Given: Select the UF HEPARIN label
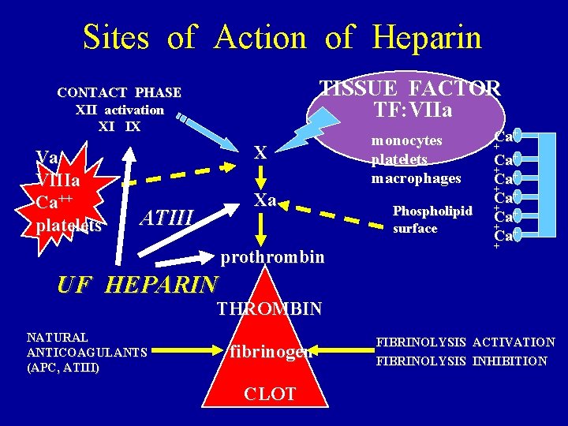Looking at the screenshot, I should point(137,285).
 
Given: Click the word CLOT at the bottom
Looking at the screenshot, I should point(269,394).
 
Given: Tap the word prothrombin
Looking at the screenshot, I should point(272,256).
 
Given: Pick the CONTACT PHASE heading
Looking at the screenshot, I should point(119,93).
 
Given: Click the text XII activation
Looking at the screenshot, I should point(119,110).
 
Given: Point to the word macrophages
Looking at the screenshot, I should point(416,178).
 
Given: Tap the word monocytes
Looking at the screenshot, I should point(407,140).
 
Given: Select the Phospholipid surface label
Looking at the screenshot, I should point(432,219).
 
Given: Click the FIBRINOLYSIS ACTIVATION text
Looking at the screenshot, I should point(465,342).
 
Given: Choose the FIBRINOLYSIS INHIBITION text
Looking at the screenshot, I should point(461,361).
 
